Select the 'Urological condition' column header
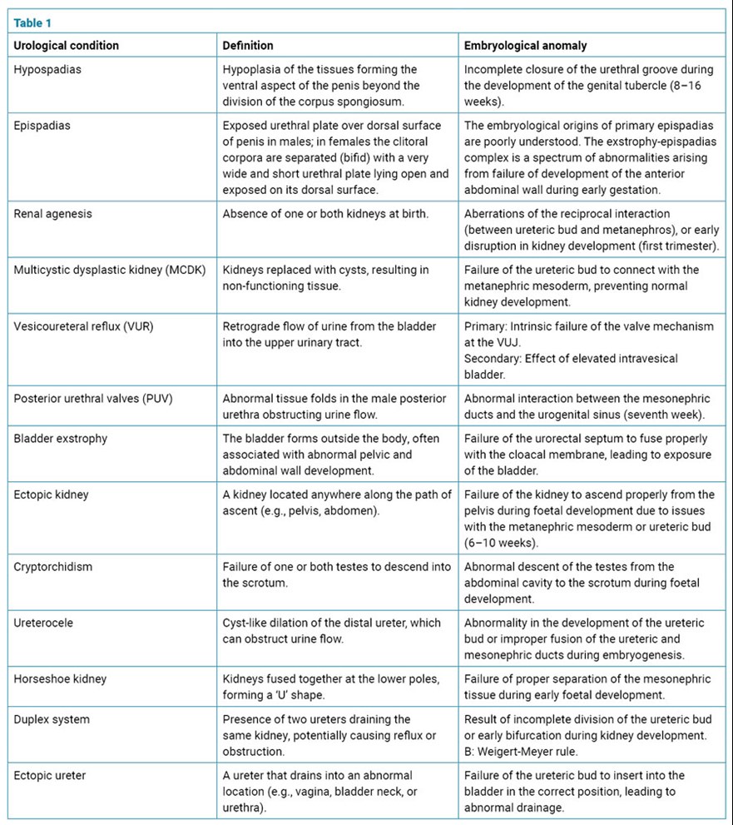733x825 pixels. point(66,45)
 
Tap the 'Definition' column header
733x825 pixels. point(248,45)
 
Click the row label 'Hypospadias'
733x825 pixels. point(47,69)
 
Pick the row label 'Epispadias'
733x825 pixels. point(42,126)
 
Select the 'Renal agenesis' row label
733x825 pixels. point(52,213)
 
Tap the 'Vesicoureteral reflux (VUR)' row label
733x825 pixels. point(83,326)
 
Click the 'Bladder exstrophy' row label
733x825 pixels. point(61,438)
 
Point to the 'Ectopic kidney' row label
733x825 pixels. point(51,495)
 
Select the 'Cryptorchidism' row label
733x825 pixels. point(53,566)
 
